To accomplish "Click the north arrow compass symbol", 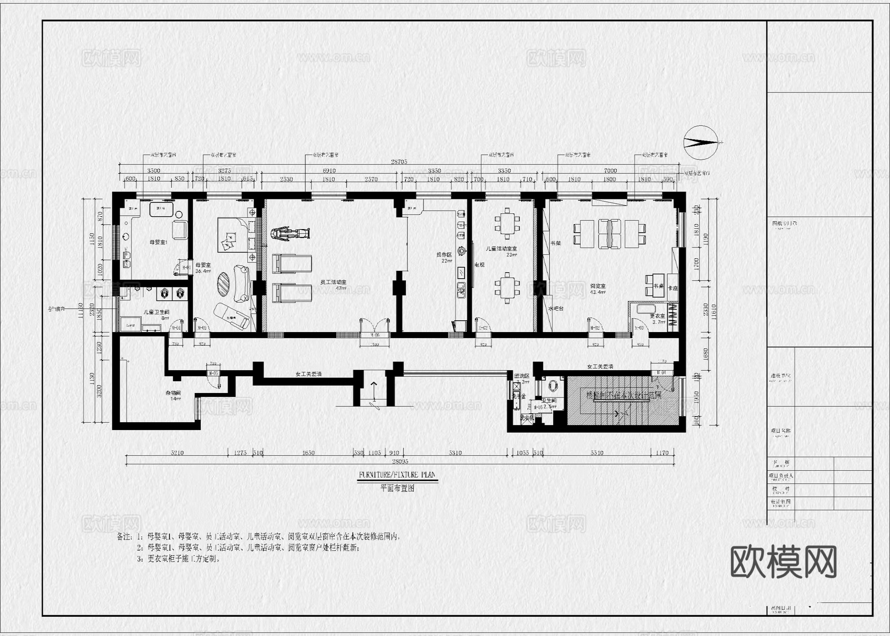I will click(x=701, y=143).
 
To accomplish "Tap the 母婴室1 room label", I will click(x=159, y=243).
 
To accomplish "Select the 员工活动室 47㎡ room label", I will click(x=333, y=285).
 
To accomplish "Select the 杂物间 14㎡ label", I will click(x=173, y=395).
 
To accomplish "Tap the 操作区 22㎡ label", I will click(x=444, y=257).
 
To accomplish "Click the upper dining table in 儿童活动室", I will click(x=507, y=224).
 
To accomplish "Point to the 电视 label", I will click(x=479, y=265).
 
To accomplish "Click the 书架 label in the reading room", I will click(x=555, y=244).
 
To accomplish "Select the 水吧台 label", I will click(x=556, y=308).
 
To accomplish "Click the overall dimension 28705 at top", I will click(x=399, y=161).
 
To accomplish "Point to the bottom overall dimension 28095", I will click(x=400, y=461).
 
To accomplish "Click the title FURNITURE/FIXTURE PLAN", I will click(x=397, y=475).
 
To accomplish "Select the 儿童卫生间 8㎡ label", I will click(x=156, y=315).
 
